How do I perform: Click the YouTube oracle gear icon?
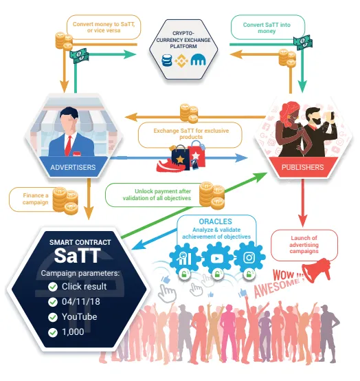click(217, 259)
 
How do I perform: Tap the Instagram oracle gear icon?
click(249, 258)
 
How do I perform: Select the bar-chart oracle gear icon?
click(185, 259)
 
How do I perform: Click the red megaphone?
click(317, 270)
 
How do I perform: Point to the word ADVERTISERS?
click(73, 167)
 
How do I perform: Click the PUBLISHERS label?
click(302, 167)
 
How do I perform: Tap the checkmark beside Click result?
click(53, 287)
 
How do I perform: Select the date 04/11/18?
click(81, 302)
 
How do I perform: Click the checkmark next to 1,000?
click(53, 332)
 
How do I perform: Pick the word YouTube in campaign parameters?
click(80, 317)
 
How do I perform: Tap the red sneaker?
click(169, 165)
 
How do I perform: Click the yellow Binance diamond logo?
click(181, 61)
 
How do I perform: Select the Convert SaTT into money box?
click(268, 28)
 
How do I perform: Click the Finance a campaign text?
click(36, 199)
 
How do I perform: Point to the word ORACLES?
click(215, 221)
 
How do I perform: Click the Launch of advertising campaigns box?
click(304, 245)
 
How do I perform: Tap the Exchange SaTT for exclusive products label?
click(191, 134)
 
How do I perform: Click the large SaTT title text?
click(77, 256)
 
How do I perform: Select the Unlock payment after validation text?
click(157, 195)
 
